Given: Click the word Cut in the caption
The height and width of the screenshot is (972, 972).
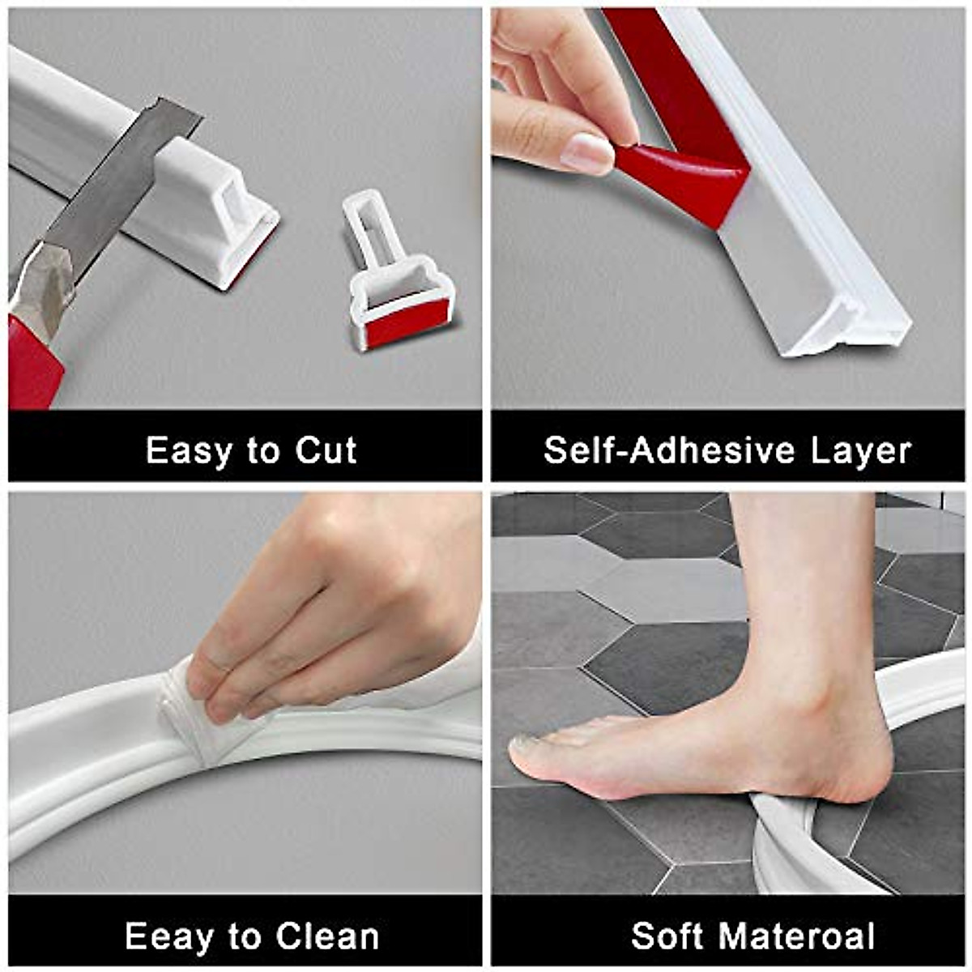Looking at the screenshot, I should (x=326, y=450).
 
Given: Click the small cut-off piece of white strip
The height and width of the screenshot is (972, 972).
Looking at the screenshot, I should (x=397, y=275).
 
